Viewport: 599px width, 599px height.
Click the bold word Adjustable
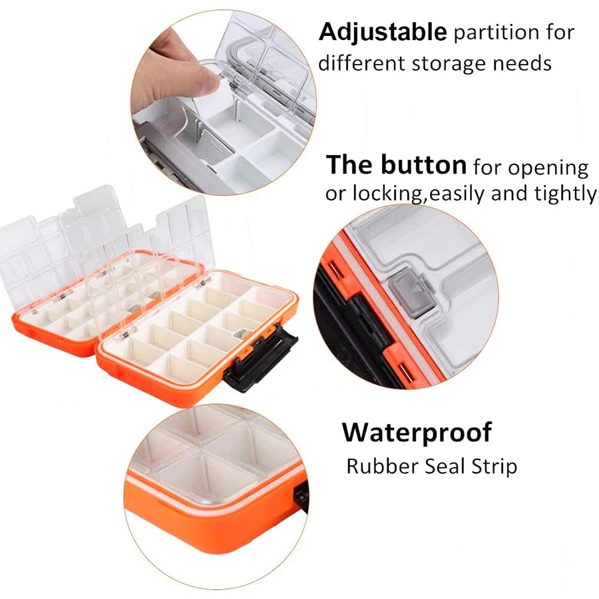coord(382,31)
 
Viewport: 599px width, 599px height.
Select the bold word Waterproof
coord(417,433)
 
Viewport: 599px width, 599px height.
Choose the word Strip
coord(495,467)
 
